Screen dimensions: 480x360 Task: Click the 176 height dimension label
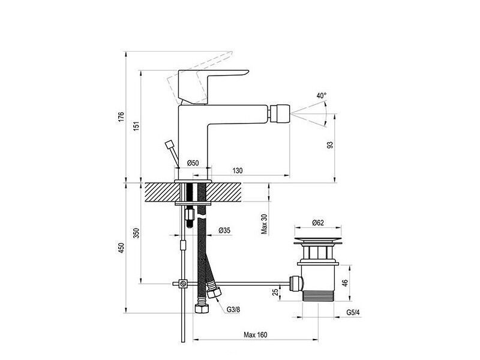pos(121,117)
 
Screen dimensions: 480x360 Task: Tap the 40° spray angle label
pos(322,95)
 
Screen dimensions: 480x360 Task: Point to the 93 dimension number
pos(329,145)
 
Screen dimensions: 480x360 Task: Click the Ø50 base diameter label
pos(193,163)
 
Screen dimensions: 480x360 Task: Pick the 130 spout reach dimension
pos(237,170)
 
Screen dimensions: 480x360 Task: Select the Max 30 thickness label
pos(264,224)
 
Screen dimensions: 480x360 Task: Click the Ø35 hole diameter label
pos(224,230)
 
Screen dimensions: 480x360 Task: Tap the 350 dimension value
pos(136,233)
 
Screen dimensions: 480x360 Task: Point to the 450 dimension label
pos(121,248)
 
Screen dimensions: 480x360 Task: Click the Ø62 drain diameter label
pos(318,223)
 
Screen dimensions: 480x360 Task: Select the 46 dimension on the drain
pos(345,283)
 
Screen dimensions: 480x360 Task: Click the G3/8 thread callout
pos(233,310)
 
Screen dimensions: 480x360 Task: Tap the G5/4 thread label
pos(353,313)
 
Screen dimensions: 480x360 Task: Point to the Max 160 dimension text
pos(256,335)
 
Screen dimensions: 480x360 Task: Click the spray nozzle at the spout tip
pos(279,113)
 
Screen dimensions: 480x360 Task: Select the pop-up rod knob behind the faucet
pos(169,144)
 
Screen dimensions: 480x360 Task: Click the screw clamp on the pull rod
pos(183,284)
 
